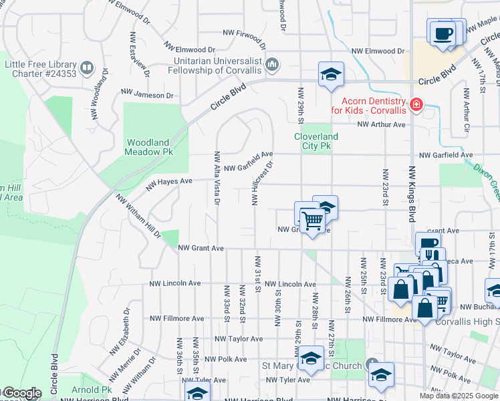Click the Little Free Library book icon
[87, 68]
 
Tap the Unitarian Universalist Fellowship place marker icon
[272, 65]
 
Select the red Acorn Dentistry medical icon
[416, 104]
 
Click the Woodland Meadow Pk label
[148, 146]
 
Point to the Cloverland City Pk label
[316, 140]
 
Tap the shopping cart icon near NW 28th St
[312, 219]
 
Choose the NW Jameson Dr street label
[146, 95]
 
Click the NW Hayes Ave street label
[169, 181]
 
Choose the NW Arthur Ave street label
[381, 124]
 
